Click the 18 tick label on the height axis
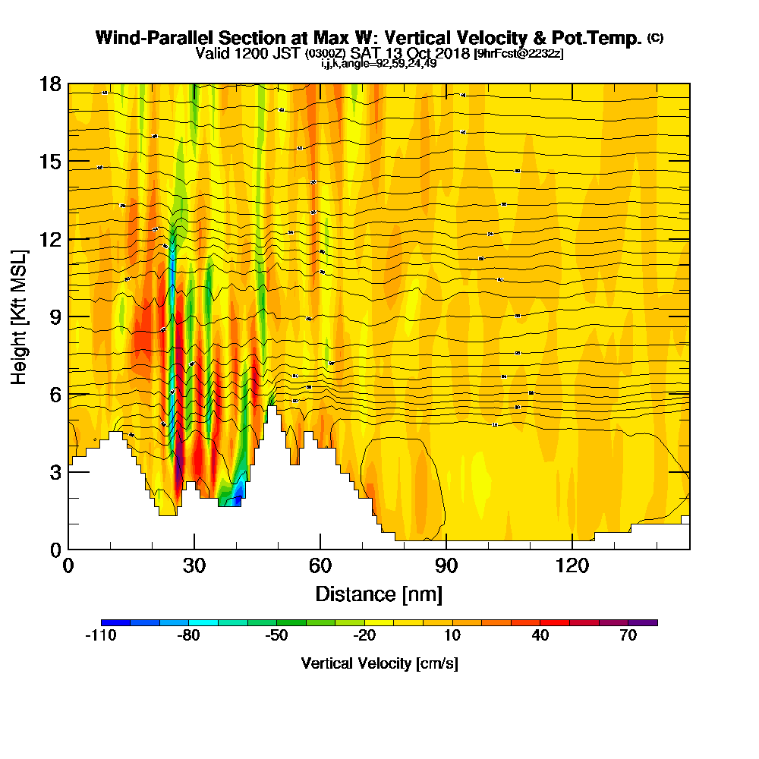50,83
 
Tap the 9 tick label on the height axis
55,317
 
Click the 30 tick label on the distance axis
194,565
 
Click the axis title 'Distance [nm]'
379,593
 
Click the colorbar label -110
101,636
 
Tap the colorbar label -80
188,636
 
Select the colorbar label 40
540,636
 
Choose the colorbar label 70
628,636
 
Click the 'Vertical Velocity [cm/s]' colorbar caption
379,663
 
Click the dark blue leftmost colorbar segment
115,622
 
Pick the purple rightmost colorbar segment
643,622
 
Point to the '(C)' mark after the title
655,38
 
